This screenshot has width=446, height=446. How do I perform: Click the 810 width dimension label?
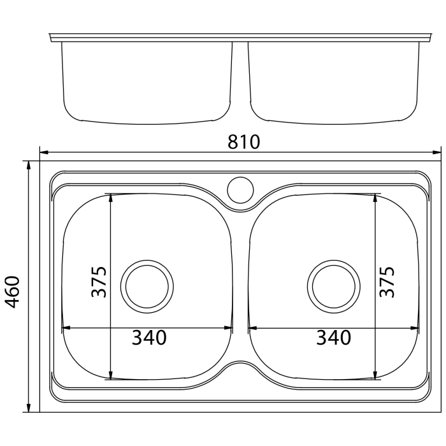[244, 142]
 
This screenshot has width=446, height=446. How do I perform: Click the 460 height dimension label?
[13, 292]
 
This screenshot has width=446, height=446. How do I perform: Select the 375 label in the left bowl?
[99, 282]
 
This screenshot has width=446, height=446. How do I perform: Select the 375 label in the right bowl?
[387, 282]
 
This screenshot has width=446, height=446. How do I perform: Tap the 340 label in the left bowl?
[149, 338]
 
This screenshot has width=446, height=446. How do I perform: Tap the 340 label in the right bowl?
[334, 338]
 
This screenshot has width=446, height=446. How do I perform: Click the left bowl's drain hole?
[147, 287]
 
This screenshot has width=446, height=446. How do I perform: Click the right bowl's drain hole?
[334, 287]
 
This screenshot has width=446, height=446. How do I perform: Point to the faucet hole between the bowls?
[240, 190]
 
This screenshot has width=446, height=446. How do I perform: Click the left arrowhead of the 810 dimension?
[44, 152]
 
